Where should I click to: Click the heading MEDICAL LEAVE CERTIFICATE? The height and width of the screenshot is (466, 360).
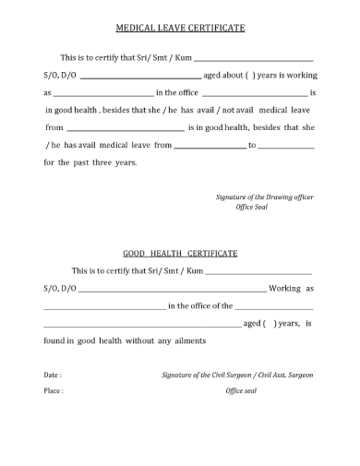pos(179,29)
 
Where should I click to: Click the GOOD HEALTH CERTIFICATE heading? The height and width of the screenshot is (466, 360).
pos(179,252)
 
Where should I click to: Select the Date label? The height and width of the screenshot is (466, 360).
pos(52,376)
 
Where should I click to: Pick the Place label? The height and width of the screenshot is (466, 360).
pos(53,390)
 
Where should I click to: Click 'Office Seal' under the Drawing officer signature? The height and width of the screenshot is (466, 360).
pos(252,208)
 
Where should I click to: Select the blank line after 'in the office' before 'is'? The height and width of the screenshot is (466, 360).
pos(254,94)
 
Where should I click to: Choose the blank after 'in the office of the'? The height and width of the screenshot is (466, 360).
pos(273,306)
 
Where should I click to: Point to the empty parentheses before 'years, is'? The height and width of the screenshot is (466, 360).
pos(270,324)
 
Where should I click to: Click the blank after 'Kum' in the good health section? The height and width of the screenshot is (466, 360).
pos(258,272)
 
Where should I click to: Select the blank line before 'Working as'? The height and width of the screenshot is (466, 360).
pos(174,291)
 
